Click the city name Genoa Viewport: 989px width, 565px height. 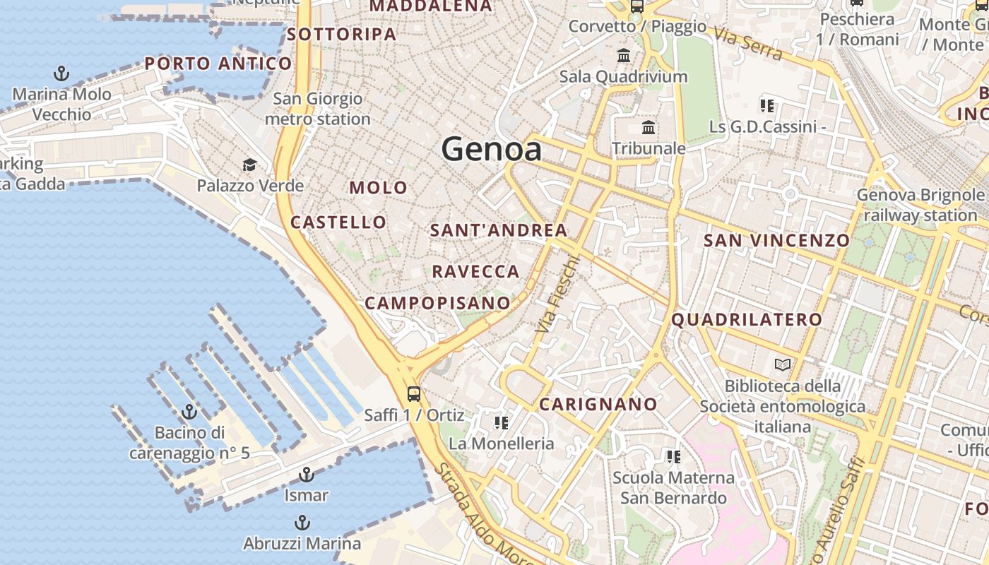[492, 149]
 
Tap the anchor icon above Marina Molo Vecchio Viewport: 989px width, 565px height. [61, 73]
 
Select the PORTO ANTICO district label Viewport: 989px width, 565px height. [218, 64]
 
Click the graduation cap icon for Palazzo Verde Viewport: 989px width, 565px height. [249, 165]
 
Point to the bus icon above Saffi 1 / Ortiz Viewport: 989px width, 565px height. [414, 394]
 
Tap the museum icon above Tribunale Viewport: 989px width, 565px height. [648, 128]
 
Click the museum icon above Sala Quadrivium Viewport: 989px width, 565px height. [624, 55]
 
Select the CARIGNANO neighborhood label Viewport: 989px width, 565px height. [598, 405]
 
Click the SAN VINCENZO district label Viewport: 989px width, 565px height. [776, 241]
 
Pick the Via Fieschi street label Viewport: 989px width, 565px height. [557, 295]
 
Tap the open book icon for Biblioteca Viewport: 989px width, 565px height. [782, 365]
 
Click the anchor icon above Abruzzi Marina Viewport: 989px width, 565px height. [302, 523]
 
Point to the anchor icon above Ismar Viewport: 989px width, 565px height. [306, 475]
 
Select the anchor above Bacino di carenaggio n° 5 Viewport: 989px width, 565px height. [189, 412]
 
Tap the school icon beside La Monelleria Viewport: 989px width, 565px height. [502, 423]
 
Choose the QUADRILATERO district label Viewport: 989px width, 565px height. [747, 320]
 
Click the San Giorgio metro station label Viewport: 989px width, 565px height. [317, 109]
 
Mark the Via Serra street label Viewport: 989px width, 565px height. [747, 44]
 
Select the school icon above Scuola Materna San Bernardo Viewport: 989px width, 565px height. [673, 457]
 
